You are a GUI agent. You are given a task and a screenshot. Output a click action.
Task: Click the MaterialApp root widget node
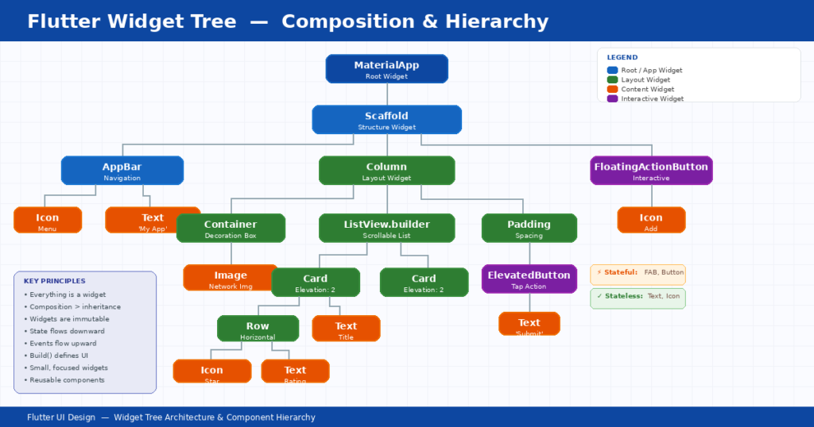click(386, 69)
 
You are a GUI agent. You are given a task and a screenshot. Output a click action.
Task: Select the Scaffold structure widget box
click(386, 120)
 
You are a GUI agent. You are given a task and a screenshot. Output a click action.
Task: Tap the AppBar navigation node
click(122, 171)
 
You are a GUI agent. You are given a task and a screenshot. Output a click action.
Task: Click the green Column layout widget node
click(386, 171)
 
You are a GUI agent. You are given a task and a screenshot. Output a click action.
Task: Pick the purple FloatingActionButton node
click(651, 171)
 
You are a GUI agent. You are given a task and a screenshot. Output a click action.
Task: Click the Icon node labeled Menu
click(48, 221)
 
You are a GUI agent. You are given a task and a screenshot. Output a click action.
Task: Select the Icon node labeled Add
click(651, 221)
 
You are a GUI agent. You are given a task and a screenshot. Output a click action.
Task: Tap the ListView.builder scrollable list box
click(386, 229)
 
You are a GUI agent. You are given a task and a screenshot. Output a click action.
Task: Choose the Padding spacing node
click(529, 229)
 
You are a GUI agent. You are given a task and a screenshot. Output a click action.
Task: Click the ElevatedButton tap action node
click(529, 279)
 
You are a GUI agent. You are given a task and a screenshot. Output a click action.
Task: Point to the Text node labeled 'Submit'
click(529, 324)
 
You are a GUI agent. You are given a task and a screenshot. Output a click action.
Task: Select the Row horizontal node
click(258, 329)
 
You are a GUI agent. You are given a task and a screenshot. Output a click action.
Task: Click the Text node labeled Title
click(346, 329)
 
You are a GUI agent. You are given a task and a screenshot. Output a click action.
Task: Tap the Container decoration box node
click(231, 229)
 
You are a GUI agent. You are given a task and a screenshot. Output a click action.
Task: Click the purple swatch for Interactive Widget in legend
click(612, 98)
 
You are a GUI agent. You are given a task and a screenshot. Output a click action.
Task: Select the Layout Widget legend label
click(645, 79)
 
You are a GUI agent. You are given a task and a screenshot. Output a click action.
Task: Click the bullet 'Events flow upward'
click(63, 344)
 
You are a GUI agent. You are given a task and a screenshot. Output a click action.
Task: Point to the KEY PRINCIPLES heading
click(54, 281)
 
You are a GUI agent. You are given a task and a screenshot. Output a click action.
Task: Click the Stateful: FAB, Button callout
click(638, 273)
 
